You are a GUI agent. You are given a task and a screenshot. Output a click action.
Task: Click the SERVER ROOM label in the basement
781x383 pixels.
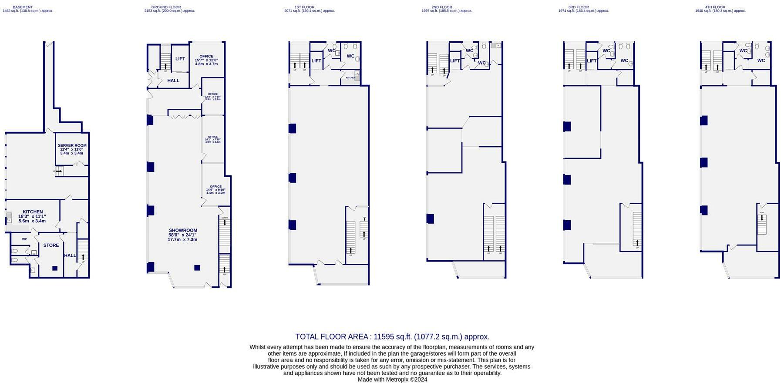pos(72,146)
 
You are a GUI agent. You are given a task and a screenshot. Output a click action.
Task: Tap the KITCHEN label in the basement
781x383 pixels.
pos(33,212)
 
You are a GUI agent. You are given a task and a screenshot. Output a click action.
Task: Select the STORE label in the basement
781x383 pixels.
pos(51,245)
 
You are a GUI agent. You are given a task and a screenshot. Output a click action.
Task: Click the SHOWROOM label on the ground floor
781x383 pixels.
pos(183,231)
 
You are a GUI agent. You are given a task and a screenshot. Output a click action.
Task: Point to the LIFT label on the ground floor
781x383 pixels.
pos(180,59)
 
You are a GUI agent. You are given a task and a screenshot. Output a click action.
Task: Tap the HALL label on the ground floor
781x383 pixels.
pos(173,81)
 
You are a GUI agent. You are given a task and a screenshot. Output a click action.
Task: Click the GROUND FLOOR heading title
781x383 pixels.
pos(166,7)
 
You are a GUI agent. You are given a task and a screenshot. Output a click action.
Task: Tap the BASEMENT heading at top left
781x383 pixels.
pos(23,7)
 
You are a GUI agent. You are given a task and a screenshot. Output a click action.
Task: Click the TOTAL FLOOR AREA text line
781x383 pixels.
pos(392,336)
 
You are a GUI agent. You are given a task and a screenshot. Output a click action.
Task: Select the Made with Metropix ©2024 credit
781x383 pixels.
pos(392,380)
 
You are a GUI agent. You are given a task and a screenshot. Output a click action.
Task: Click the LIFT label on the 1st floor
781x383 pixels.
pos(316,61)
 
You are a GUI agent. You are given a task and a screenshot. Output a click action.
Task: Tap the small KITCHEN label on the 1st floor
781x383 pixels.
pos(350,77)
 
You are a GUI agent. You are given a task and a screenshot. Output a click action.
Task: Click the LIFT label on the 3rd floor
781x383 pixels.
pos(592,61)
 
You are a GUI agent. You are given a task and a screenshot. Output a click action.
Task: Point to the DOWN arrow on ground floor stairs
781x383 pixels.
pos(225,222)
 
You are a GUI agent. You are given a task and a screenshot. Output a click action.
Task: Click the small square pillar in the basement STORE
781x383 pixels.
pos(55,268)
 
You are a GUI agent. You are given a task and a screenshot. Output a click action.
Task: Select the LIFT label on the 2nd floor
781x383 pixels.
pos(455,61)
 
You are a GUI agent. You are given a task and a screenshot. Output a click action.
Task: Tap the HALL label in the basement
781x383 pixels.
pos(70,255)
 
